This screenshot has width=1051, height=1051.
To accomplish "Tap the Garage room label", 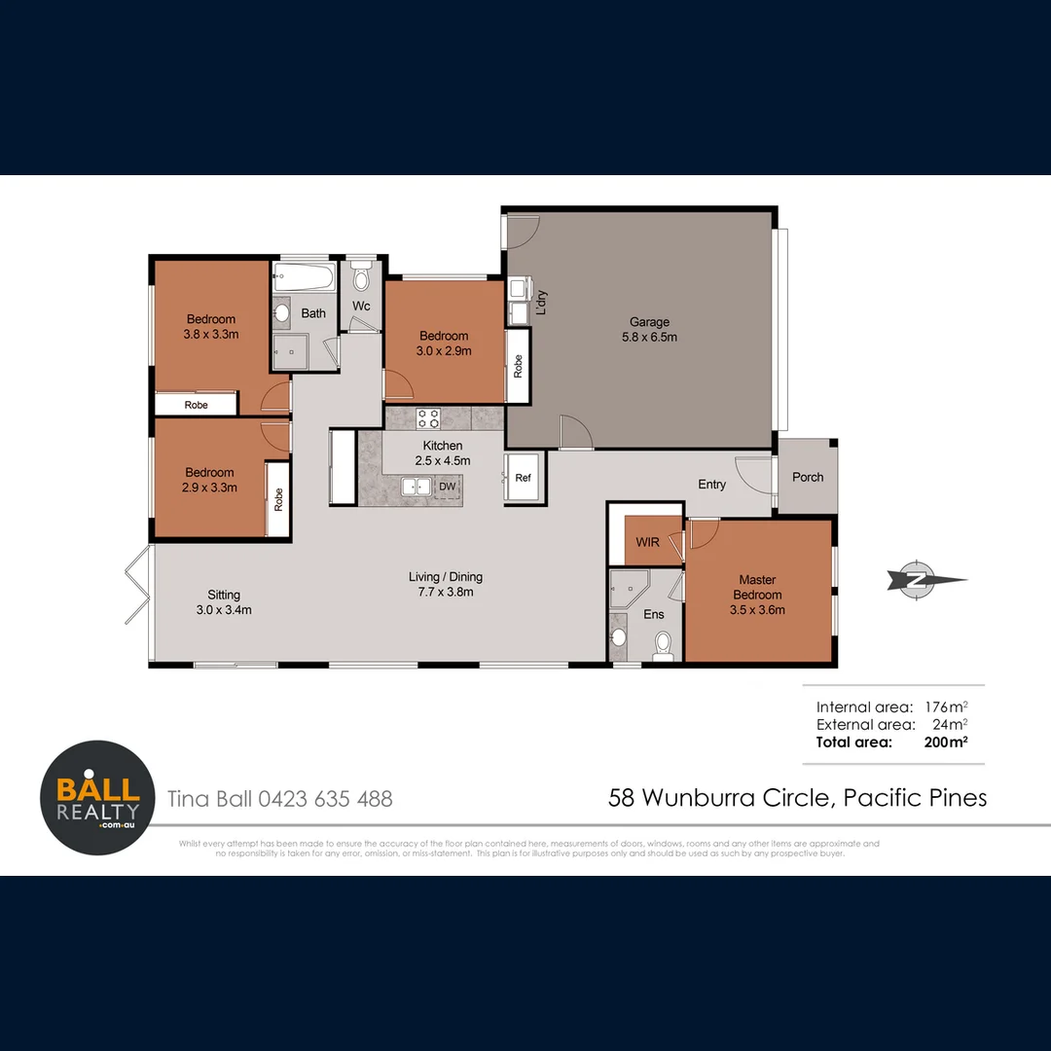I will tap(649, 322).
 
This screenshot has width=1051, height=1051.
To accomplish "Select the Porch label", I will tap(808, 477).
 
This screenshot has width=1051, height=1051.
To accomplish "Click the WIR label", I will tap(648, 542).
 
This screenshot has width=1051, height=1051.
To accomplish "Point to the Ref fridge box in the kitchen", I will tap(524, 478).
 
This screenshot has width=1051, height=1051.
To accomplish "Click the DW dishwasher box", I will tap(448, 486).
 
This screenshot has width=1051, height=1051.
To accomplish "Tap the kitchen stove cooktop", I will tap(429, 419).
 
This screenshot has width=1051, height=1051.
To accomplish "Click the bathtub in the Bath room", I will tap(304, 277).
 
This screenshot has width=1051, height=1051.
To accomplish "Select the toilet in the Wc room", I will tap(361, 279).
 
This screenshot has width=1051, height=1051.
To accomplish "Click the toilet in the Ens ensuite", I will tap(664, 643).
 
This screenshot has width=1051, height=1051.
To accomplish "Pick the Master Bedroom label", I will tap(757, 588).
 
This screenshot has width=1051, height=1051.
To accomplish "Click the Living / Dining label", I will tap(446, 577).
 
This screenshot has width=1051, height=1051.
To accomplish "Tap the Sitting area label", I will tap(224, 595).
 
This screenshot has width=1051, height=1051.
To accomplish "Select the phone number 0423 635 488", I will tap(326, 799).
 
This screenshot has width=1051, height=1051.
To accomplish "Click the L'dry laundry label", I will tap(542, 303).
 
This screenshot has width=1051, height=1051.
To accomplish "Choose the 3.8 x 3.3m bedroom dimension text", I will tap(210, 334).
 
